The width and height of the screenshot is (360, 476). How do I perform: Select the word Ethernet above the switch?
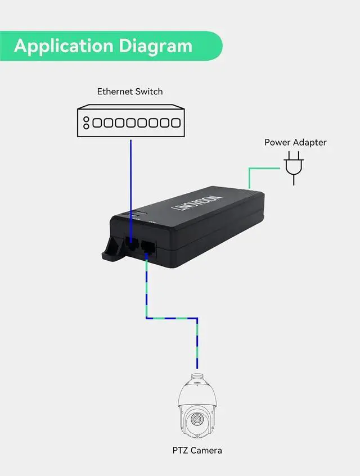click(115, 91)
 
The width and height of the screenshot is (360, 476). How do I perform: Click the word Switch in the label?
click(149, 91)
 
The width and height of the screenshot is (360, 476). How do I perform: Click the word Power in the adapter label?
click(278, 142)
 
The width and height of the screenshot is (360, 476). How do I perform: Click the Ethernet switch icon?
click(130, 122)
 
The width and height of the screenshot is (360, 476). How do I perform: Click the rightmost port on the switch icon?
click(176, 123)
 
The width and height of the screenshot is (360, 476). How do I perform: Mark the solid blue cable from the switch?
click(131, 180)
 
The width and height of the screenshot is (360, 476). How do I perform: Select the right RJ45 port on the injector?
click(148, 247)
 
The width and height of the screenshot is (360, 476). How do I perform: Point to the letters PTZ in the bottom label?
click(180, 450)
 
